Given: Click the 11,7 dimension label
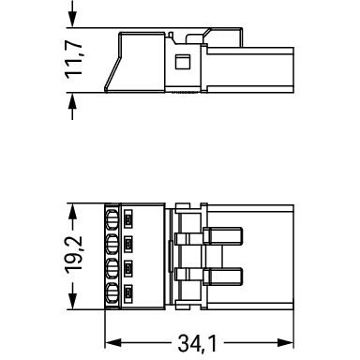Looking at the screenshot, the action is pyautogui.click(x=74, y=60).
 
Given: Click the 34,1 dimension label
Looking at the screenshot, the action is pyautogui.click(x=197, y=343).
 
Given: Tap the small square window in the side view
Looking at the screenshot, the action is pyautogui.click(x=183, y=62).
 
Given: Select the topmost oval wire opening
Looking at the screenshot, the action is pyautogui.click(x=112, y=217).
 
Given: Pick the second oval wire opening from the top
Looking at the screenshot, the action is pyautogui.click(x=112, y=244).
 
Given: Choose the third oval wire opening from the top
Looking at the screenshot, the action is pyautogui.click(x=112, y=268).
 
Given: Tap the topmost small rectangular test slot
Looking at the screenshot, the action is pyautogui.click(x=128, y=217).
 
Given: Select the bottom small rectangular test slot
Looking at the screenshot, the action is pyautogui.click(x=128, y=293).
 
